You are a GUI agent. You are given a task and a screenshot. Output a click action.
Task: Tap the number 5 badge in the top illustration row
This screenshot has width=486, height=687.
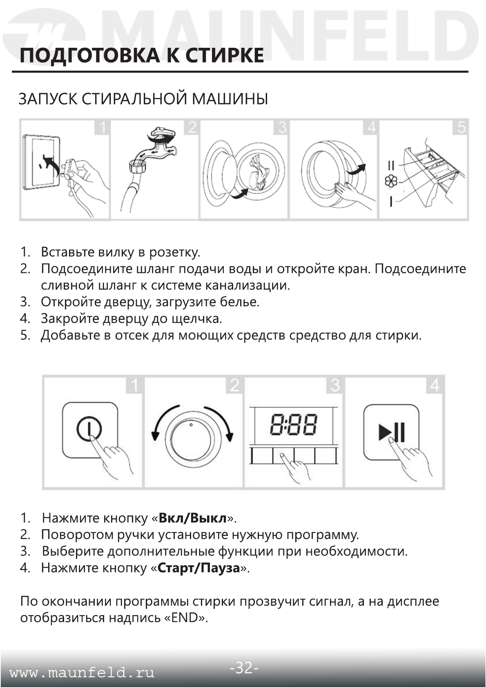(x=461, y=127)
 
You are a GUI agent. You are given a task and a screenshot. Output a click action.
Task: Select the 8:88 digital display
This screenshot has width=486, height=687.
(x=293, y=425)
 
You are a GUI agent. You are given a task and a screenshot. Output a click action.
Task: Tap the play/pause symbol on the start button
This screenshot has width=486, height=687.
(x=391, y=432)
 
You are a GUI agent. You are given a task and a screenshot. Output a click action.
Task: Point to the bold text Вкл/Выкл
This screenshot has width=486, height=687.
(x=192, y=518)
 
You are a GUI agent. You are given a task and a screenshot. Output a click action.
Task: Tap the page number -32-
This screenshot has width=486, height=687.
(x=243, y=668)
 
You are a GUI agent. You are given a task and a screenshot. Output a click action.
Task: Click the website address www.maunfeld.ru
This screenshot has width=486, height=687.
(x=82, y=673)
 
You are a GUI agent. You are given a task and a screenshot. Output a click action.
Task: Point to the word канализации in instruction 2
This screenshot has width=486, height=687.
(x=247, y=285)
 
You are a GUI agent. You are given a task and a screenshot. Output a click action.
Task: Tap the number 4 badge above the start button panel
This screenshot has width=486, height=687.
(x=435, y=385)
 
